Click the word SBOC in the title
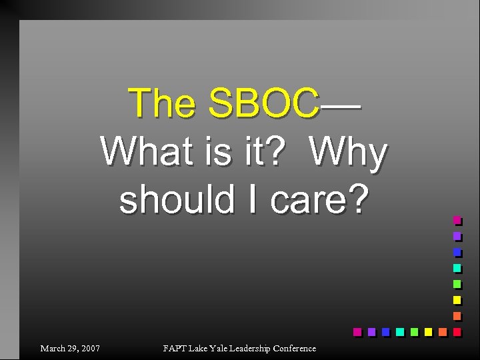point(263,103)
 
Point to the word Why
point(349,153)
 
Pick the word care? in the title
point(319,199)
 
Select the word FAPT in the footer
point(175,349)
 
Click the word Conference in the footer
point(294,349)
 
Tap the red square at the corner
point(457,331)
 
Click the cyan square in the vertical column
point(457,268)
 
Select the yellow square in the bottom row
point(427,331)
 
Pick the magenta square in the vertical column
point(457,220)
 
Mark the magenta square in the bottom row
point(357,331)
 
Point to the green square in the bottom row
point(413,331)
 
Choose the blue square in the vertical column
point(457,252)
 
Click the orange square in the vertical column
point(457,315)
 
